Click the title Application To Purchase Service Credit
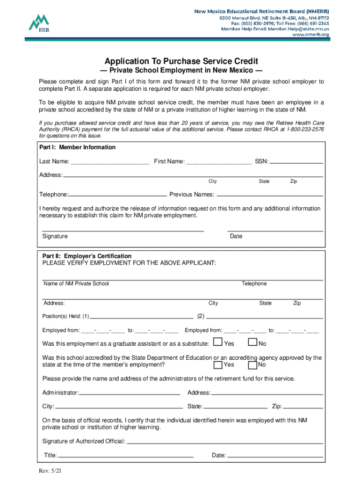[181, 61]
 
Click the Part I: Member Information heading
[77, 147]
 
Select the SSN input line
[296, 162]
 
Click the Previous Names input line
[270, 194]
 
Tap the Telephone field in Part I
[118, 194]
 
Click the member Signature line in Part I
[123, 230]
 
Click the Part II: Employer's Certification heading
[87, 256]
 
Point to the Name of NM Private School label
[76, 283]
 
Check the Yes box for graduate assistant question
[217, 342]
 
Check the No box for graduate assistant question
[252, 342]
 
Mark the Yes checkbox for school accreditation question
[217, 364]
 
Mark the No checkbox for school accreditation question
[252, 364]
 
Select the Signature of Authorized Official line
[224, 442]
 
